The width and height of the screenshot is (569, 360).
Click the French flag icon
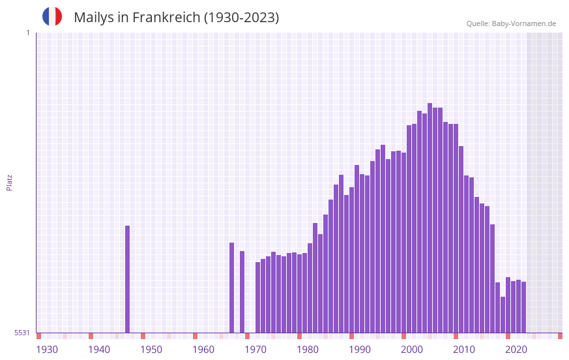tap(52, 16)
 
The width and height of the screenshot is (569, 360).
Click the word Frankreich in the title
tap(166, 18)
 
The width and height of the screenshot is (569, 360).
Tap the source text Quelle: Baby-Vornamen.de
tap(511, 23)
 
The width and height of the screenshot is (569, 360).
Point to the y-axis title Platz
tap(9, 182)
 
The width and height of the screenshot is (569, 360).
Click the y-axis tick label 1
tap(27, 33)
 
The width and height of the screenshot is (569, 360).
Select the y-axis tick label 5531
tap(22, 333)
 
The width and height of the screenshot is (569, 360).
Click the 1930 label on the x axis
tap(47, 350)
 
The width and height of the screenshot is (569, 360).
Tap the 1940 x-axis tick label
tap(99, 350)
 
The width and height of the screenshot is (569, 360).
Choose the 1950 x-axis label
tap(151, 350)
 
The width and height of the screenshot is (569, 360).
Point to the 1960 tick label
tap(203, 350)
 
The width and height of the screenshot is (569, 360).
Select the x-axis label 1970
tap(255, 350)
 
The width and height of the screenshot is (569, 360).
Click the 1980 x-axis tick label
tap(308, 350)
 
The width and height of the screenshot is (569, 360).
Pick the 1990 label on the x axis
tap(360, 350)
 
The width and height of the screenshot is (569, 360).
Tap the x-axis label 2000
tap(412, 350)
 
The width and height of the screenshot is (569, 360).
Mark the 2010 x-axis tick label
tap(464, 350)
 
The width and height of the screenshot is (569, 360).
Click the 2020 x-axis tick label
tap(516, 350)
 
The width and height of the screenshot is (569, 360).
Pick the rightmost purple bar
tap(523, 307)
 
